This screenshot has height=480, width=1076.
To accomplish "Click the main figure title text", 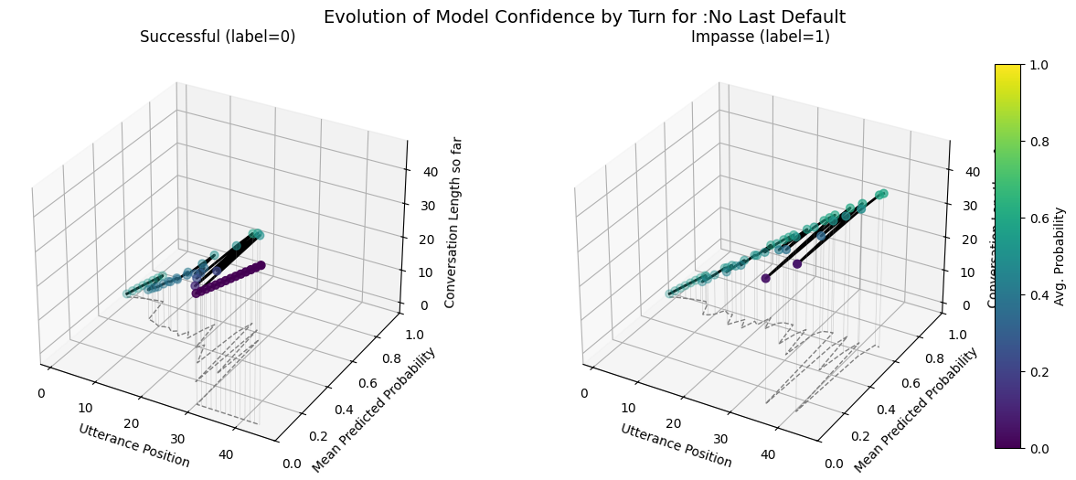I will tap(584, 16).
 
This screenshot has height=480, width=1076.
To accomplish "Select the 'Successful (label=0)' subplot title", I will tap(218, 37).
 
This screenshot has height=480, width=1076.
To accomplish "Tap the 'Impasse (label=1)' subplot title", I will tap(760, 37).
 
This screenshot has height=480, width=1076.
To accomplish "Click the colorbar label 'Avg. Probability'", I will tap(1060, 256).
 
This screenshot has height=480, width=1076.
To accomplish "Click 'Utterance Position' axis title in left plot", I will tap(134, 445).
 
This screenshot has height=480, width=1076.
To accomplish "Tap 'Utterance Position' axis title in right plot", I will tap(676, 445).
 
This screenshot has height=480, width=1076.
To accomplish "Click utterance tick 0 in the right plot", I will tap(584, 393).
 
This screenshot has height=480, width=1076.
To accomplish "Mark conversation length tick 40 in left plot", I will tap(425, 171).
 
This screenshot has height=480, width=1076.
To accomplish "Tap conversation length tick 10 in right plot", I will tap(968, 272).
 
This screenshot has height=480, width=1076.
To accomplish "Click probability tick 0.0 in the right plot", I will tap(834, 464).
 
